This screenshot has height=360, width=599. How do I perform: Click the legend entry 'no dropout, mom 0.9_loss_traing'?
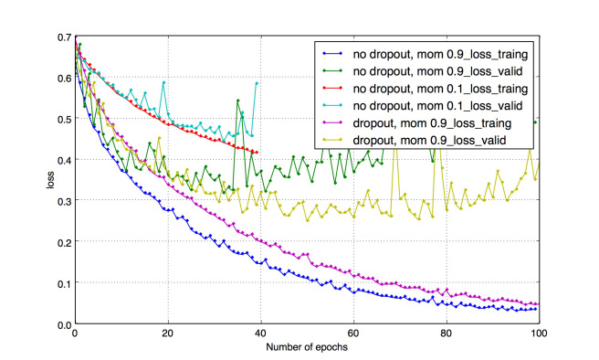tap(440, 54)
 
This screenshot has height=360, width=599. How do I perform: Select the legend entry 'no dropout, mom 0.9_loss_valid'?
tap(437, 71)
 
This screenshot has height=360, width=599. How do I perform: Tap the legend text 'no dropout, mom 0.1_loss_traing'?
tap(440, 89)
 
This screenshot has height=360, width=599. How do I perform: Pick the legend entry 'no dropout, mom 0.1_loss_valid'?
tap(437, 106)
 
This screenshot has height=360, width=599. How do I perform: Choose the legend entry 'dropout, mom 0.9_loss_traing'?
tap(432, 123)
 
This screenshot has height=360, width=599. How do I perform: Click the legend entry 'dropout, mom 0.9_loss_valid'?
tap(429, 141)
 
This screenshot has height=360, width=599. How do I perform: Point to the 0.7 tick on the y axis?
tap(65, 37)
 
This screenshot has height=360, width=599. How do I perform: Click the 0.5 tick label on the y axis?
tap(65, 119)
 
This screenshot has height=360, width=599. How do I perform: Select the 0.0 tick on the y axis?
tap(65, 325)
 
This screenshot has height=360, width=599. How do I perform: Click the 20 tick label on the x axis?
tap(168, 334)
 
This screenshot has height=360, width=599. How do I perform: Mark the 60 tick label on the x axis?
tap(353, 334)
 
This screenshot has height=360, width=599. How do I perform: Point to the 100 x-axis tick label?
tap(539, 334)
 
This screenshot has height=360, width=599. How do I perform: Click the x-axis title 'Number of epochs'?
tap(307, 347)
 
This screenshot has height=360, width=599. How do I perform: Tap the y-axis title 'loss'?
tap(50, 180)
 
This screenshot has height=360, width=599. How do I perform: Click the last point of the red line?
tap(257, 153)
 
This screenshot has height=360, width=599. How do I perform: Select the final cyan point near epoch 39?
tap(257, 83)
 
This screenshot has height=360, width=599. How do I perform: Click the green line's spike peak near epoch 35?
tap(238, 101)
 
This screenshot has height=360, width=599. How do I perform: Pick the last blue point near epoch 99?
tap(535, 309)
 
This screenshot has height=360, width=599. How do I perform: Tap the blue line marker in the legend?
tap(332, 54)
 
